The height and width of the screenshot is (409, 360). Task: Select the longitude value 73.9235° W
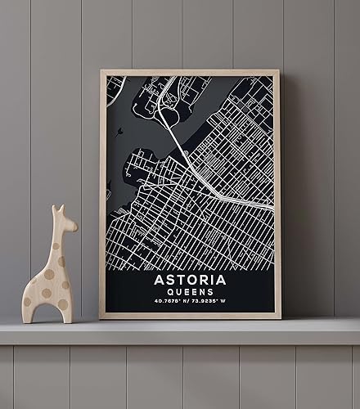pos(214,302)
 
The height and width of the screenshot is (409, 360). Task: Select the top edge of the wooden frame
pos(190,72)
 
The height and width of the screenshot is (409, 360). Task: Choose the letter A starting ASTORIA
pos(159,280)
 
